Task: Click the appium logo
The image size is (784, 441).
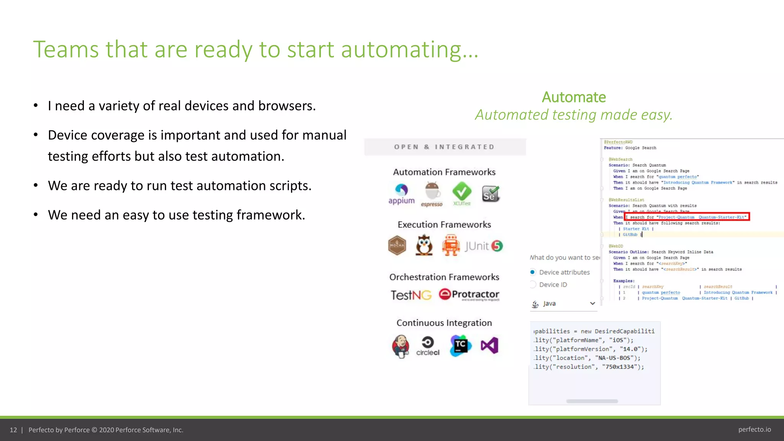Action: (401, 194)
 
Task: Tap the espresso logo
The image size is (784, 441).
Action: (432, 194)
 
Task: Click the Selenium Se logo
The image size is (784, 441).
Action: (490, 194)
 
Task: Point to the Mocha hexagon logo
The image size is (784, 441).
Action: (397, 245)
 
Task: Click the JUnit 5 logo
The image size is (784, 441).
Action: (484, 246)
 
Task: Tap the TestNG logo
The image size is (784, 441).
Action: (411, 295)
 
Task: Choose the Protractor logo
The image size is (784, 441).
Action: (469, 294)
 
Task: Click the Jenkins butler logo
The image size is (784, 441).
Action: (400, 346)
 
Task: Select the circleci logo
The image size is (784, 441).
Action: (428, 346)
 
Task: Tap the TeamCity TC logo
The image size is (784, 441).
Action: (460, 346)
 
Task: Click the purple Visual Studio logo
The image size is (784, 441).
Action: (490, 346)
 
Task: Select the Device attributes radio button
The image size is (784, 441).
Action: (532, 272)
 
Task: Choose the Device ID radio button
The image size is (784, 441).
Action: (532, 284)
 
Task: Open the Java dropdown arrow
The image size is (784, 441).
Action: (592, 304)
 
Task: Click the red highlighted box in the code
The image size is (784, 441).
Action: (687, 217)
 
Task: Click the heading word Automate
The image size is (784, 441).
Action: (573, 97)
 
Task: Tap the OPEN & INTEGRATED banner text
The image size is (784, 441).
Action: (444, 147)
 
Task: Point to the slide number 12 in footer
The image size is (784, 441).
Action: (13, 430)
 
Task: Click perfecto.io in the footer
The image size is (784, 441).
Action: (754, 430)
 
